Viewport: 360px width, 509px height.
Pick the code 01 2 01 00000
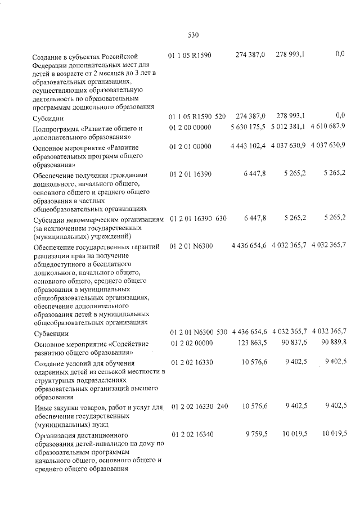[x=190, y=146]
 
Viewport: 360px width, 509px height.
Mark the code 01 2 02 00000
[x=190, y=343]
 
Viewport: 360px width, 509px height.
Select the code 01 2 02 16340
[x=190, y=434]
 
